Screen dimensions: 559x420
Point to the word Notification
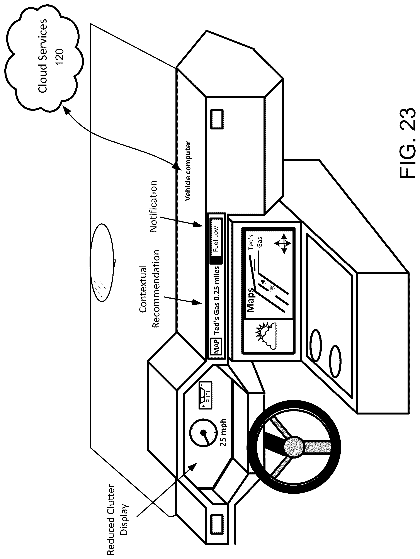(x=153, y=206)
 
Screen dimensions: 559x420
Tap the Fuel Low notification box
(x=216, y=239)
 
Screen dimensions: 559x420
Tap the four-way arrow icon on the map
(x=283, y=244)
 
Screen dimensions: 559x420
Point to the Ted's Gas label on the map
(x=255, y=243)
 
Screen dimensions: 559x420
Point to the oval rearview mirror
(x=102, y=263)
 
